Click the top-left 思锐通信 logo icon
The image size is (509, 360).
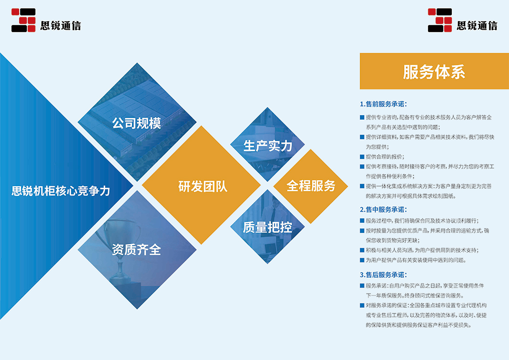(x=24, y=20)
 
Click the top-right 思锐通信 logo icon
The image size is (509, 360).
(x=440, y=20)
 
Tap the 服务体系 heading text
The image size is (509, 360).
(x=434, y=72)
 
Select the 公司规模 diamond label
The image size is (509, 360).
(x=137, y=123)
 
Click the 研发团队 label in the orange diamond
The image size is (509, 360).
(x=202, y=187)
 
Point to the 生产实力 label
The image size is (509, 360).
(x=268, y=146)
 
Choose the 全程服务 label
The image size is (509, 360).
(x=311, y=186)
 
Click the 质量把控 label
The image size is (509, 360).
(x=268, y=227)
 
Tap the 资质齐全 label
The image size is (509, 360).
(x=136, y=250)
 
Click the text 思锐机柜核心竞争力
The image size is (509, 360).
(x=61, y=191)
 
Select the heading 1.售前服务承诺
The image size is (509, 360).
(x=383, y=104)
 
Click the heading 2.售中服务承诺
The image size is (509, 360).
(x=383, y=210)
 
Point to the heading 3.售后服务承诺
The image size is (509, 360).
(x=383, y=275)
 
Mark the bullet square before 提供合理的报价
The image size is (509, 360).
(x=362, y=156)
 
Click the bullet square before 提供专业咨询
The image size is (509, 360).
(x=362, y=117)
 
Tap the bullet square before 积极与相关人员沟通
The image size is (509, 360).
(x=362, y=250)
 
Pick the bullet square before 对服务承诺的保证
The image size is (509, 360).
(x=362, y=305)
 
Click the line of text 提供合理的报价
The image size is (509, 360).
(x=385, y=156)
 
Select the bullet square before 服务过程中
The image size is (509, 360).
(x=362, y=221)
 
